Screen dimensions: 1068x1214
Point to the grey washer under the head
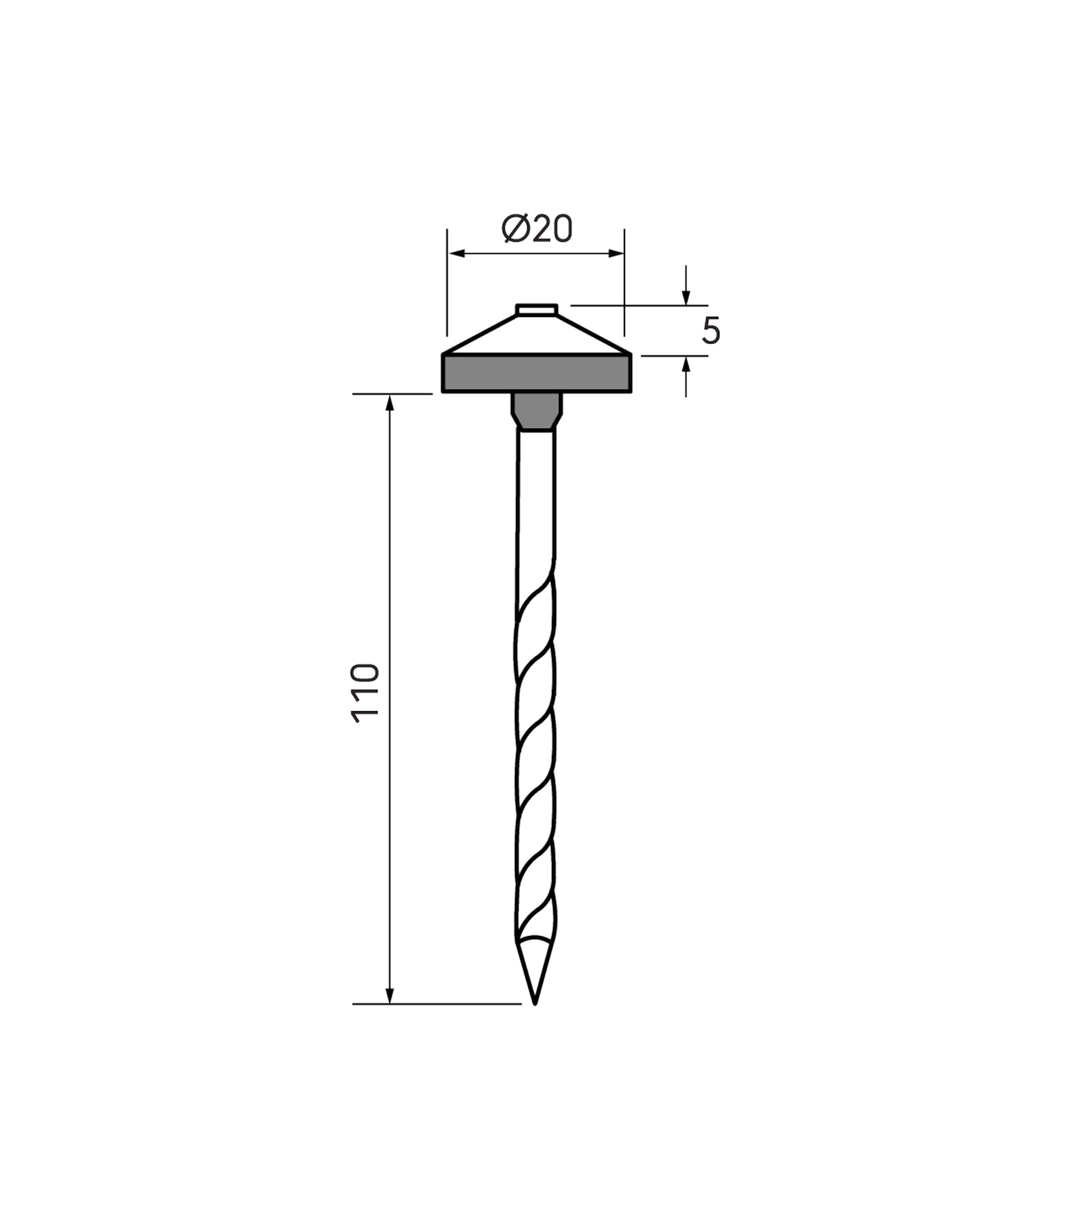coord(536,373)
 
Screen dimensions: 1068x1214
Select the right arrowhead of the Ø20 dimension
coord(616,254)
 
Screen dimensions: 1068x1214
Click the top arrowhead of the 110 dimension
coord(390,403)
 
